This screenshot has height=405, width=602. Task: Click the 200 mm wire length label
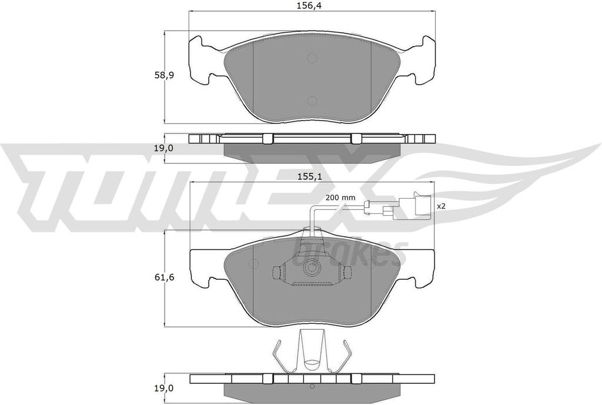tap(340, 198)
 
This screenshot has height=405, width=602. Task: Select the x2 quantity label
tap(440, 206)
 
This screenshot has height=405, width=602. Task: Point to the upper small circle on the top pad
tap(312, 58)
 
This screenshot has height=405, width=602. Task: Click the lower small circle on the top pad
tap(312, 100)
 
